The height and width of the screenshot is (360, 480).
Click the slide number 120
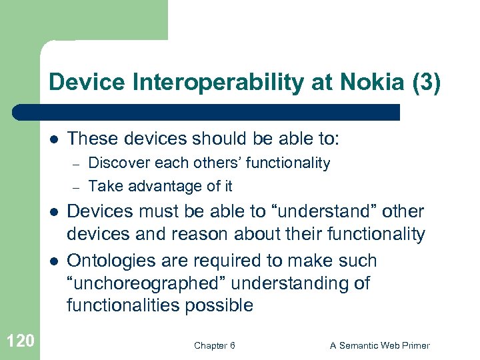click(x=19, y=342)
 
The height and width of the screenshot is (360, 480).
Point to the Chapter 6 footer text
click(x=214, y=345)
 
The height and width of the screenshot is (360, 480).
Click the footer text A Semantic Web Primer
click(x=380, y=345)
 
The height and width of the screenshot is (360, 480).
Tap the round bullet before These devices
click(x=53, y=140)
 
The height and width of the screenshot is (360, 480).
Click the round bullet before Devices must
click(x=53, y=213)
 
